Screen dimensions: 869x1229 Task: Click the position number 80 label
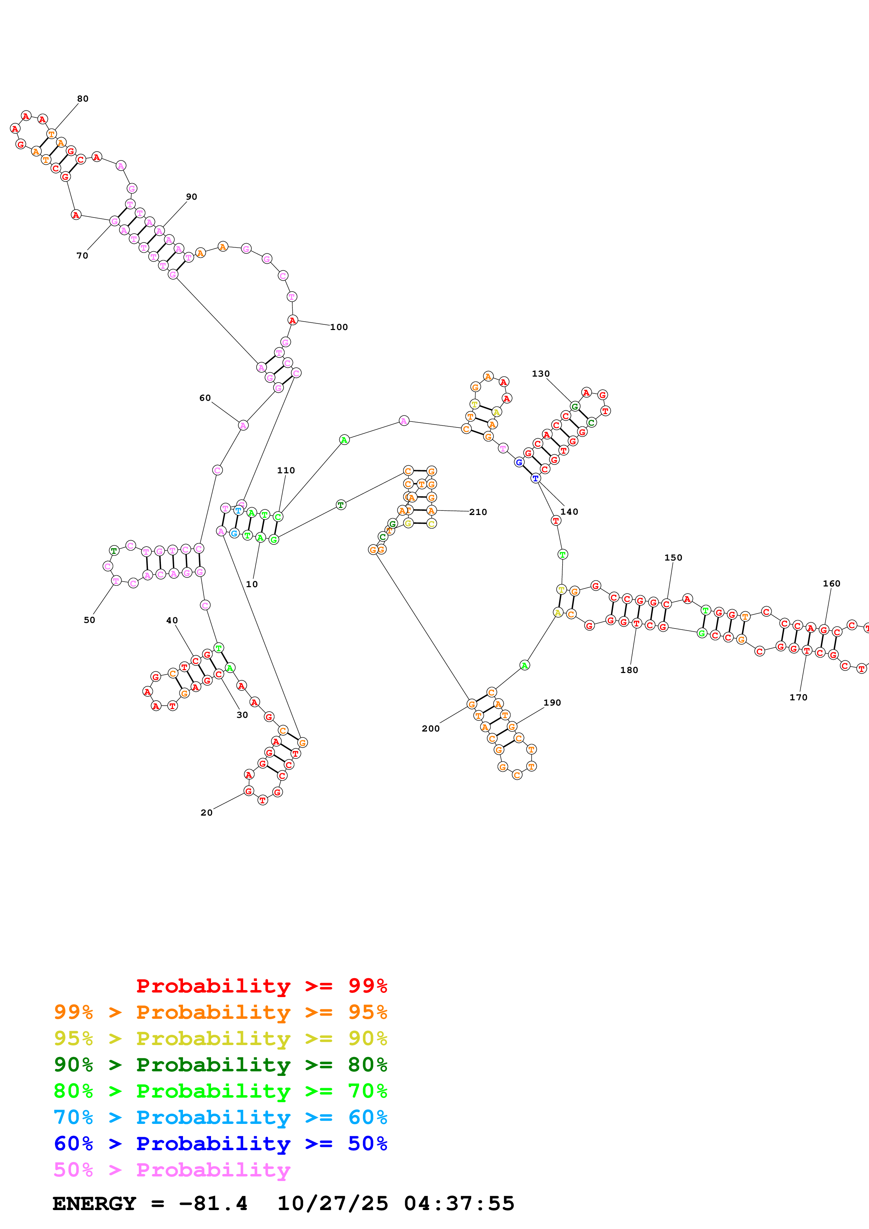(x=82, y=98)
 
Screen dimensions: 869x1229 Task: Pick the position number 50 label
(x=89, y=620)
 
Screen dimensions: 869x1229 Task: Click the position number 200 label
(x=430, y=728)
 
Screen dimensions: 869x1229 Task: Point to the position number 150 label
(x=673, y=557)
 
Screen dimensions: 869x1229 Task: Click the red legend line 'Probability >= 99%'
(x=261, y=986)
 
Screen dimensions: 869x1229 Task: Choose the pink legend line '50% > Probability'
(x=172, y=1169)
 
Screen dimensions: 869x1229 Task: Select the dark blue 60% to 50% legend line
(x=220, y=1144)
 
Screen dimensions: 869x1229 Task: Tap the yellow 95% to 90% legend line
(x=220, y=1038)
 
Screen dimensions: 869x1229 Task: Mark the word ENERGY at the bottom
(x=94, y=1203)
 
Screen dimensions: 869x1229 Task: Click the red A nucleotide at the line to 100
(x=292, y=320)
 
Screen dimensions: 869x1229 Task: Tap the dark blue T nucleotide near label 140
(x=535, y=478)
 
